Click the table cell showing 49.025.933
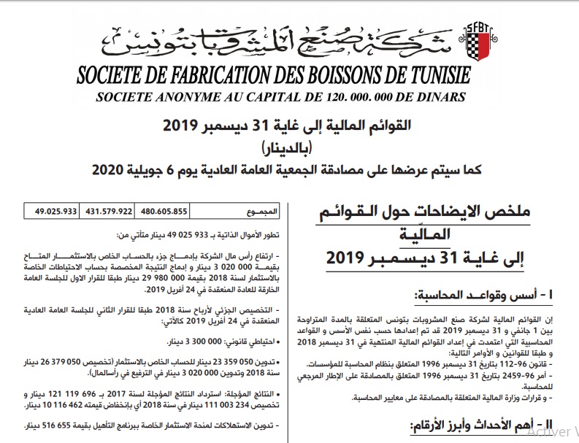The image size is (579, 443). coord(55,212)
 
